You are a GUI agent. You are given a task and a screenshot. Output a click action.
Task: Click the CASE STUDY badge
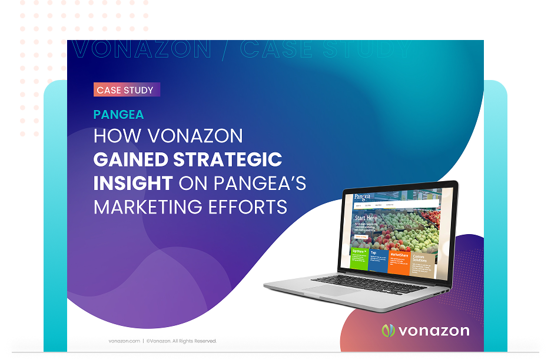[x=126, y=90]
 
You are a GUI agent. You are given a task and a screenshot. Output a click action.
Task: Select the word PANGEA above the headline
[x=118, y=115]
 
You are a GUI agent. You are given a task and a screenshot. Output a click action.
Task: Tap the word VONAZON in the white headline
[x=195, y=136]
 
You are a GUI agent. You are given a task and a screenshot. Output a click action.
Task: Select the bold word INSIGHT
[x=132, y=183]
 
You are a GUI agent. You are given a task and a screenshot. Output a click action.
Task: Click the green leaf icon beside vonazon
[x=388, y=331]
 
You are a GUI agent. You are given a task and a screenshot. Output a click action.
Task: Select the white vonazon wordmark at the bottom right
[x=434, y=331]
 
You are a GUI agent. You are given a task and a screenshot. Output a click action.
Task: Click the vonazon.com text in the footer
[x=124, y=341]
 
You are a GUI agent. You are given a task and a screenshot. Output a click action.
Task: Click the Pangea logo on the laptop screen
[x=363, y=196]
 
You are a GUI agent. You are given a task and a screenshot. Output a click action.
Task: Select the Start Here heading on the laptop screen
[x=366, y=218]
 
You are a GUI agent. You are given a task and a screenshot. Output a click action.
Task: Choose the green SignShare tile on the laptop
[x=359, y=259]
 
